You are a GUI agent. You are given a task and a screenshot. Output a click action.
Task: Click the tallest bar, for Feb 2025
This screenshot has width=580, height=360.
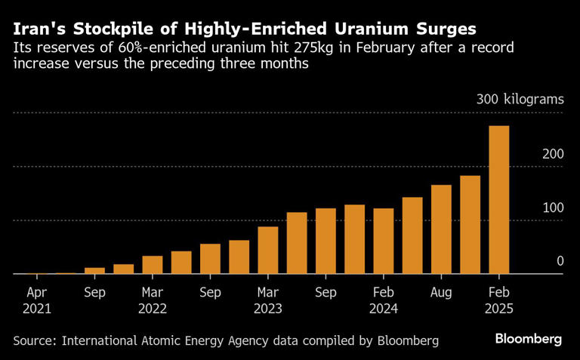(499, 200)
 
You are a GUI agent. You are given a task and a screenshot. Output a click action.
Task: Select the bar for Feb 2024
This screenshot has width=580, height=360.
(384, 242)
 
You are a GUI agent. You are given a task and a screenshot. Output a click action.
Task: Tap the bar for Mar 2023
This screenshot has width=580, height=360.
(268, 251)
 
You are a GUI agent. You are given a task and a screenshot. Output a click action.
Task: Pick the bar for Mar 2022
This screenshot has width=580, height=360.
(153, 265)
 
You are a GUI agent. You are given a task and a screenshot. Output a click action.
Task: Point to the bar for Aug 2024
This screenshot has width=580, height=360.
(441, 229)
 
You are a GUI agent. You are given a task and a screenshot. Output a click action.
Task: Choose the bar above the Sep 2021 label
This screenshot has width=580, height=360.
(94, 271)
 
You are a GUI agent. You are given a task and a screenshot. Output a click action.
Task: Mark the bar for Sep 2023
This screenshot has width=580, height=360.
(325, 242)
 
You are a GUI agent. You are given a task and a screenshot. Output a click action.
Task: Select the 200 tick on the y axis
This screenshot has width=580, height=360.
(553, 154)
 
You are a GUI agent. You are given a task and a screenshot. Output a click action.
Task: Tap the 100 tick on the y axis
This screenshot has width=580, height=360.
(553, 208)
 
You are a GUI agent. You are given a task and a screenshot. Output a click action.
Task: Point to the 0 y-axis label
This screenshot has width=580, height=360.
(560, 261)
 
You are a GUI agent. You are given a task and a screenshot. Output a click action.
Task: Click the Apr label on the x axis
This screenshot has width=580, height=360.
(37, 291)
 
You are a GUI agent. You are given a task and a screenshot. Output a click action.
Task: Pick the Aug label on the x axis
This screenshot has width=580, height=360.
(441, 291)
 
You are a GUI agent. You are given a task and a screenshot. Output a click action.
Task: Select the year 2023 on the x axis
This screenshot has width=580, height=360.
(268, 308)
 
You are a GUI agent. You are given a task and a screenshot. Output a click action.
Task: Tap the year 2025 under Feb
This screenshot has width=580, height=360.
(499, 308)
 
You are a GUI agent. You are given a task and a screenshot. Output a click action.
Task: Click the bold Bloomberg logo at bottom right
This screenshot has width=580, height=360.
(529, 338)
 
